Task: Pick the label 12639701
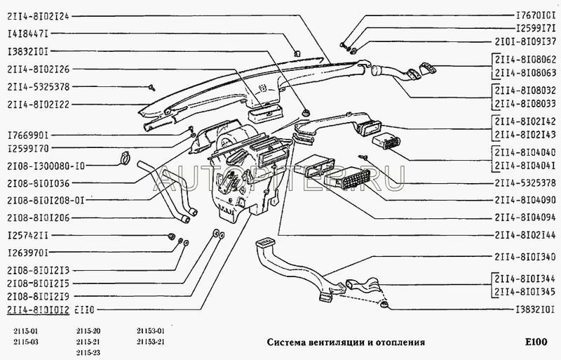click(28, 252)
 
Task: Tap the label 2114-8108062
click(527, 60)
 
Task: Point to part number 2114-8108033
click(527, 103)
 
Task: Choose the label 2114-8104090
click(527, 200)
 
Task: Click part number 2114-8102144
click(527, 235)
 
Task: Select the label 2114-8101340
click(527, 257)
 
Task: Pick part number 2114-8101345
click(527, 291)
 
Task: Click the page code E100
click(537, 342)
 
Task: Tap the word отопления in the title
click(398, 342)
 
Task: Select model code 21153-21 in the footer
click(150, 342)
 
